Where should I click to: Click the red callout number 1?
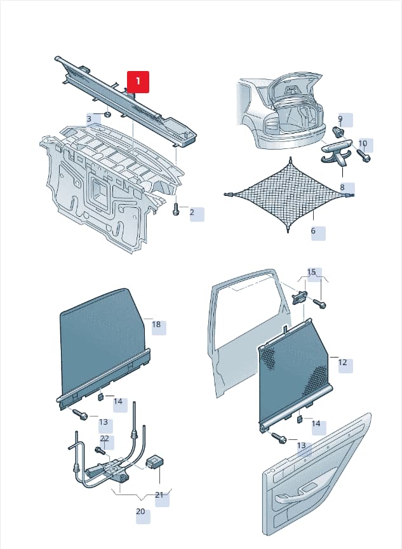pos(138,82)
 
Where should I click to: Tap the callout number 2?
pos(192,212)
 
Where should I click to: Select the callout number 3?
pos(89,119)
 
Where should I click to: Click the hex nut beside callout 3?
pos(108,114)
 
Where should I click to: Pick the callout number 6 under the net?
pos(313,231)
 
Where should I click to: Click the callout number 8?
pos(342,187)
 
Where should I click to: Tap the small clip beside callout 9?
pos(338,132)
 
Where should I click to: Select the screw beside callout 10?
pos(364,156)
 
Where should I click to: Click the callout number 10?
pos(363,143)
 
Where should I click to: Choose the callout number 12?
pos(343,363)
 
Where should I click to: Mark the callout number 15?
pos(311,272)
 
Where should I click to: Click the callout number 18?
pos(156,325)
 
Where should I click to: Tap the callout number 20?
pos(140,512)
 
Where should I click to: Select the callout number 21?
pos(159,495)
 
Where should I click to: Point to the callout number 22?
pos(105,438)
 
